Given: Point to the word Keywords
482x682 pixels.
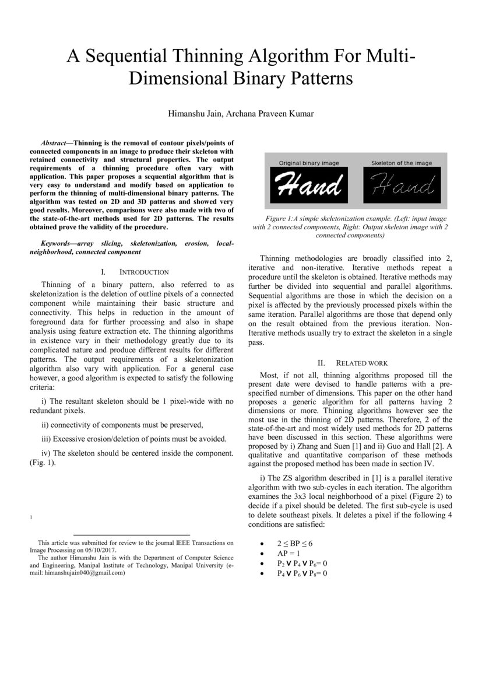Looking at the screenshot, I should [x=55, y=243].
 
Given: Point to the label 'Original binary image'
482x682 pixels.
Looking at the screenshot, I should [x=308, y=163].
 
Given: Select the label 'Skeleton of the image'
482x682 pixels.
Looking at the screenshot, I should [x=402, y=163].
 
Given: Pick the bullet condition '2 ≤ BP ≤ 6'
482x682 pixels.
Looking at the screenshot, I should [x=295, y=543].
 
